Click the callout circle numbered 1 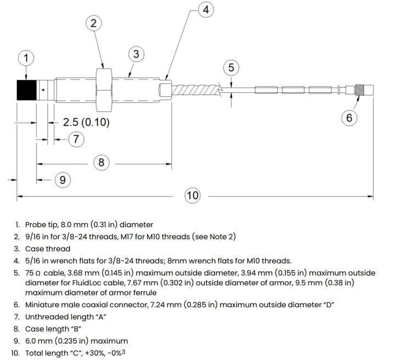(26, 58)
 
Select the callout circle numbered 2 (93, 23)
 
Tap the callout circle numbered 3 (136, 54)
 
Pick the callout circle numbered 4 (206, 10)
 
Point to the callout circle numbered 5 (231, 67)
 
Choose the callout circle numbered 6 (349, 118)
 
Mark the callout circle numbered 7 (76, 139)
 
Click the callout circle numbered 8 (101, 162)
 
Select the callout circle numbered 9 (63, 180)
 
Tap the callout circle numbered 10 (193, 195)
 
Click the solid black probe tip (27, 90)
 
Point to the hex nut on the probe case (104, 90)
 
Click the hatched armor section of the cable (196, 90)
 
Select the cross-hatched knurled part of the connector (360, 90)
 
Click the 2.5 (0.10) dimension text (86, 122)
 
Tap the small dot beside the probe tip (43, 90)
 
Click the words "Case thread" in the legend (48, 249)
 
